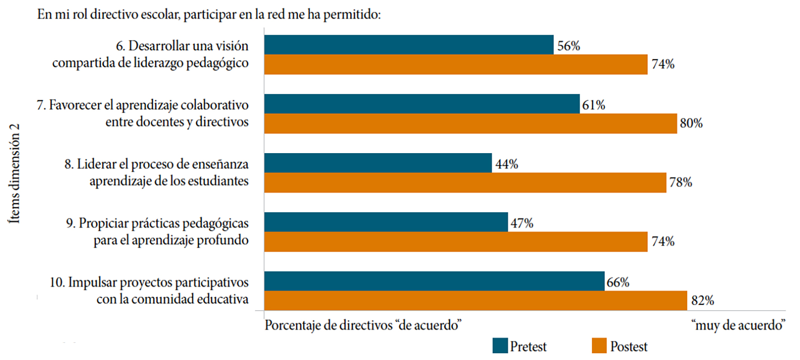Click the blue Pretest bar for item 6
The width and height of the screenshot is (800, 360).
pyautogui.click(x=409, y=45)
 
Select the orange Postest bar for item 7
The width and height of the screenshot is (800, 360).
pyautogui.click(x=470, y=123)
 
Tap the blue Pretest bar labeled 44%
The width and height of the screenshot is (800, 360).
pyautogui.click(x=378, y=163)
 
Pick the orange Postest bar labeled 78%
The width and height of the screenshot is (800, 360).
pyautogui.click(x=465, y=182)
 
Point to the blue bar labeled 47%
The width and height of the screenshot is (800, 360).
pyautogui.click(x=386, y=222)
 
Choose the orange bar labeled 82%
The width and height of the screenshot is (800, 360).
pyautogui.click(x=475, y=301)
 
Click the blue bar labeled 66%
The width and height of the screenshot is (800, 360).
pyautogui.click(x=434, y=281)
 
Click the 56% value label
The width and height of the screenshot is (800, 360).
pyautogui.click(x=568, y=46)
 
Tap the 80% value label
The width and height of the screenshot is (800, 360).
pyautogui.click(x=691, y=123)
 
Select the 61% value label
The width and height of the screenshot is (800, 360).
pyautogui.click(x=593, y=105)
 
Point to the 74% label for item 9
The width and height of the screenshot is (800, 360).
pyautogui.click(x=663, y=241)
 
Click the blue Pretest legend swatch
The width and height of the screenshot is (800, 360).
pyautogui.click(x=500, y=346)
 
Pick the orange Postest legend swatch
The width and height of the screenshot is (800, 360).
pyautogui.click(x=599, y=346)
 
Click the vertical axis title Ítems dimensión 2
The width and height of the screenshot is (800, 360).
pyautogui.click(x=14, y=173)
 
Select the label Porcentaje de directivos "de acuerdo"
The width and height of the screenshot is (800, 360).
pyautogui.click(x=363, y=325)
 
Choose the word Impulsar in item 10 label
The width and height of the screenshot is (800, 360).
pyautogui.click(x=92, y=282)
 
